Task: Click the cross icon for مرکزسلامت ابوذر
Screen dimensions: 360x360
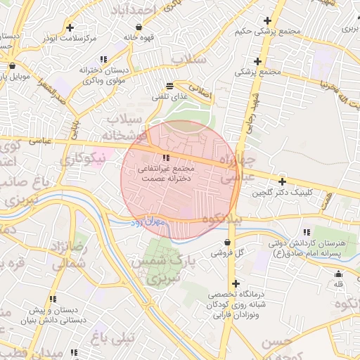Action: [x=70, y=27]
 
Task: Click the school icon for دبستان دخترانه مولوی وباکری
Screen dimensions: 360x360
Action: [x=103, y=59]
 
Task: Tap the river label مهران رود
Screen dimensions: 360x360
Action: [x=146, y=223]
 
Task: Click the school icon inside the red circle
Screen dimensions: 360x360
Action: [x=166, y=158]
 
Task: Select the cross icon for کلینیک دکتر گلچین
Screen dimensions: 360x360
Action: [x=282, y=181]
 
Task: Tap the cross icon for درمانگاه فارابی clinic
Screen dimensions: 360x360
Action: [x=236, y=283]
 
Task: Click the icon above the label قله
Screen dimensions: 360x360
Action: [x=338, y=274]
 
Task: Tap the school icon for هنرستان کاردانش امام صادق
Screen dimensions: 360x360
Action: [x=307, y=232]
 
